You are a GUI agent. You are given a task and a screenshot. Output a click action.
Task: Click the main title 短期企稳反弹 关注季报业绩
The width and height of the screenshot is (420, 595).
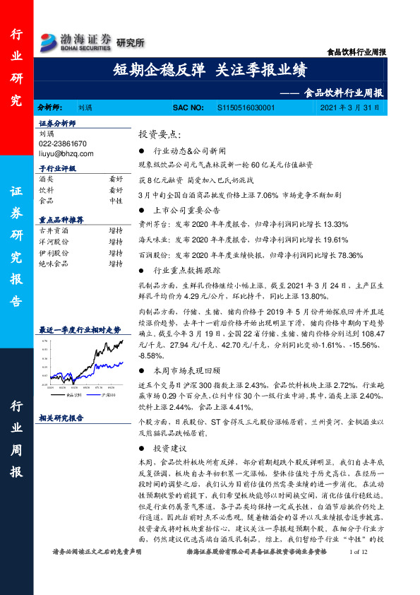pyautogui.click(x=210, y=69)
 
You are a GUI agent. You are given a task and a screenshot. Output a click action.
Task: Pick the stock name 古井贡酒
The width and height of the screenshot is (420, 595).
pyautogui.click(x=54, y=230)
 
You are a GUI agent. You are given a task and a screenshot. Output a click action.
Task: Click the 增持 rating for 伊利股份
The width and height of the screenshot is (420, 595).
pyautogui.click(x=116, y=252)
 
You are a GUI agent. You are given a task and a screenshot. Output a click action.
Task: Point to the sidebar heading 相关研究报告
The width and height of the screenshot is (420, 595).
pyautogui.click(x=61, y=418)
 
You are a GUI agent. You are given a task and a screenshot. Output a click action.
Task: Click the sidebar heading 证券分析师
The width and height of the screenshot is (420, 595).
pyautogui.click(x=56, y=123)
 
